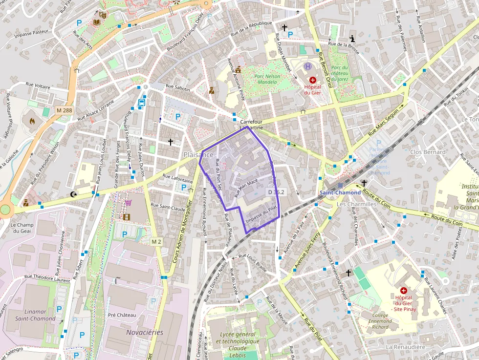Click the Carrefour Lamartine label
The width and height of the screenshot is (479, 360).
(x=251, y=125)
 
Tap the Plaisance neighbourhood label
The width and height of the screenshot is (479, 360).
(x=198, y=154)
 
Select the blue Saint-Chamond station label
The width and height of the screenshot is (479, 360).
(x=340, y=192)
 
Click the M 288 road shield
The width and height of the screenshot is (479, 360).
(x=64, y=110)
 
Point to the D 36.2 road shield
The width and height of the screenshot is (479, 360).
(x=276, y=192)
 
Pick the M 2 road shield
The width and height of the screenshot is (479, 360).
(x=156, y=242)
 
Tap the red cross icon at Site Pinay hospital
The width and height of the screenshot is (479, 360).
(x=404, y=290)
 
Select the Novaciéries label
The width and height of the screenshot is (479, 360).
(x=145, y=332)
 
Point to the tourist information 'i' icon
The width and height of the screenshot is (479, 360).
(x=352, y=38)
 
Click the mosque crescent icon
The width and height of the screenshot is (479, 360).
(x=74, y=194)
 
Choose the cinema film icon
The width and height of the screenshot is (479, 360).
(x=127, y=217)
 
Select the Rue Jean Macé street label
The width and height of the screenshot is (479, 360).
(x=246, y=188)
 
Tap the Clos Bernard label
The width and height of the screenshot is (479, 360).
(x=428, y=152)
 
